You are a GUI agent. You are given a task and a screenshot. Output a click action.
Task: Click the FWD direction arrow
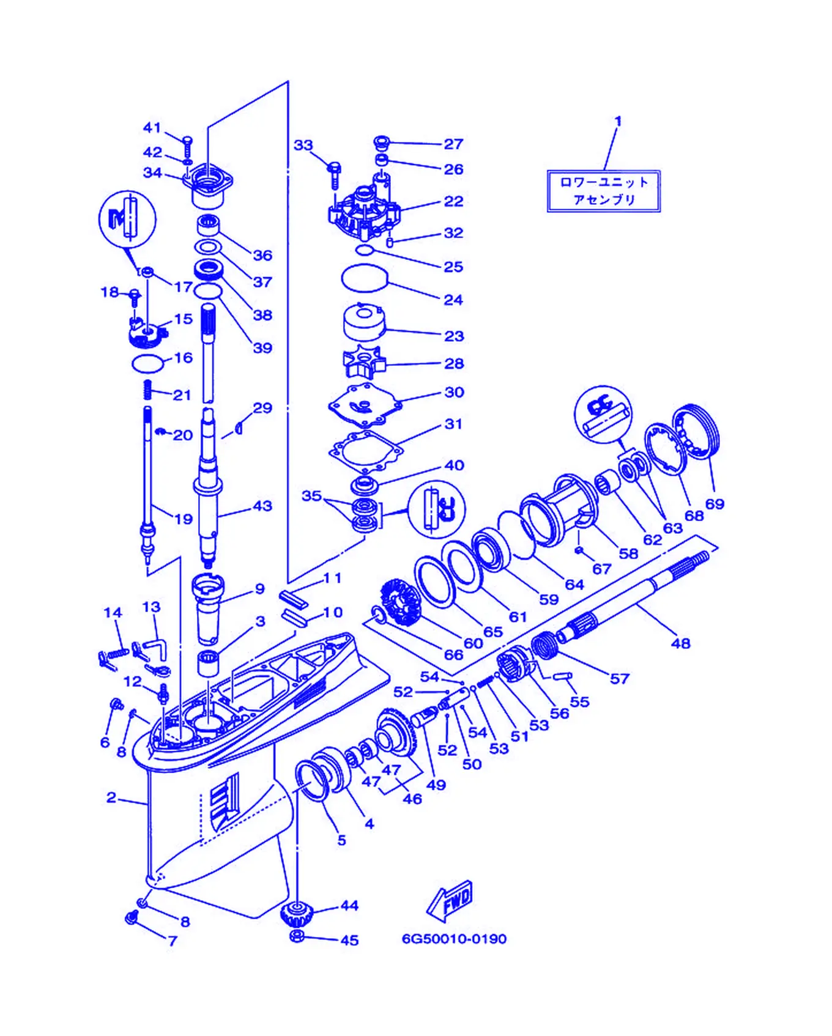point(450,900)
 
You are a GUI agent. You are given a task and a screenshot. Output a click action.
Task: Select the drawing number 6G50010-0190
point(454,939)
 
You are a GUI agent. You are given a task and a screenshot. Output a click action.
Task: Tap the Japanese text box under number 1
point(604,191)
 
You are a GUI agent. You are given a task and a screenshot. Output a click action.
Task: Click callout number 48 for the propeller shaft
point(680,643)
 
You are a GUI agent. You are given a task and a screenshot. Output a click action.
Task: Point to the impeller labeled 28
point(363,361)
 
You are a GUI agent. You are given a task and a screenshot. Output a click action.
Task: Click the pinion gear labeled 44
point(297,914)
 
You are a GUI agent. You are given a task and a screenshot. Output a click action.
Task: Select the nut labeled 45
point(297,936)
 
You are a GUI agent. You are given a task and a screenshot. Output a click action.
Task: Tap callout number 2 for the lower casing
point(111,797)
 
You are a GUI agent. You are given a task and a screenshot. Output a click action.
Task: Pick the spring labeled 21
point(147,388)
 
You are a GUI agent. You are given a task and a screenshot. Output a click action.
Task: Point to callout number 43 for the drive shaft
point(262,506)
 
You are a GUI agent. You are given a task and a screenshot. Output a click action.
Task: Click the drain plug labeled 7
point(132,917)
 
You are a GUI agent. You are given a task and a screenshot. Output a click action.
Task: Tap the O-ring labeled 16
point(147,363)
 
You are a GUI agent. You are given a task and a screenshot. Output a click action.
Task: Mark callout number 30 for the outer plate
point(454,392)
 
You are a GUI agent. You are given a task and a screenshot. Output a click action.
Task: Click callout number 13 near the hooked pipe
point(151,607)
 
